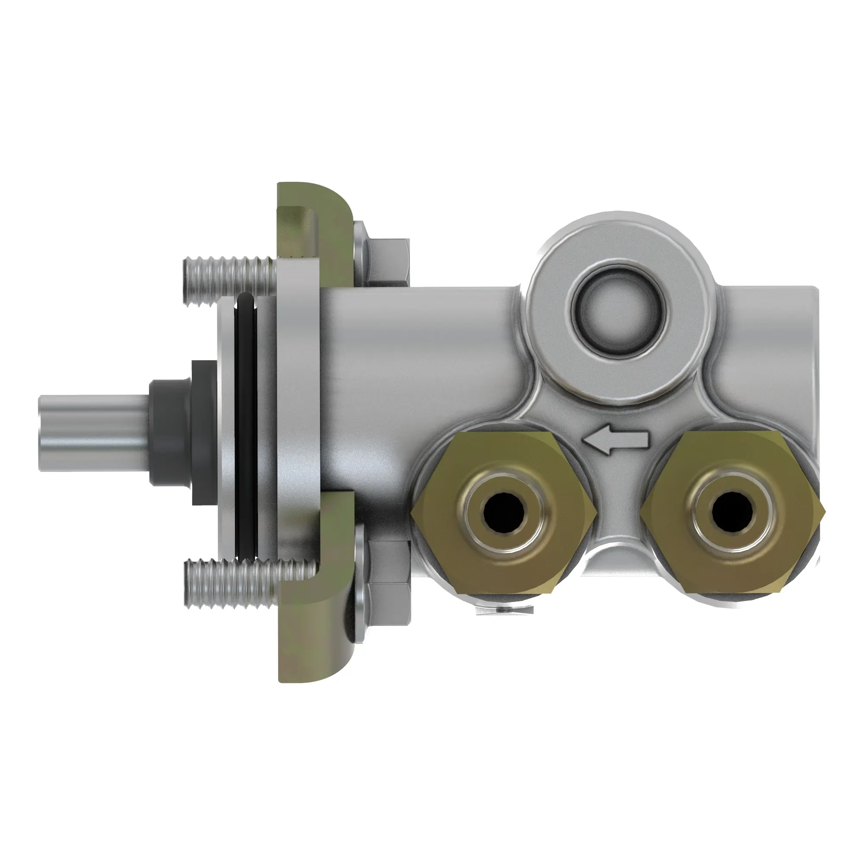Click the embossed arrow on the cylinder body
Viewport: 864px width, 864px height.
pos(615,441)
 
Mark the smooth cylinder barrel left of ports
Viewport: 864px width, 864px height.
pos(416,358)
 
